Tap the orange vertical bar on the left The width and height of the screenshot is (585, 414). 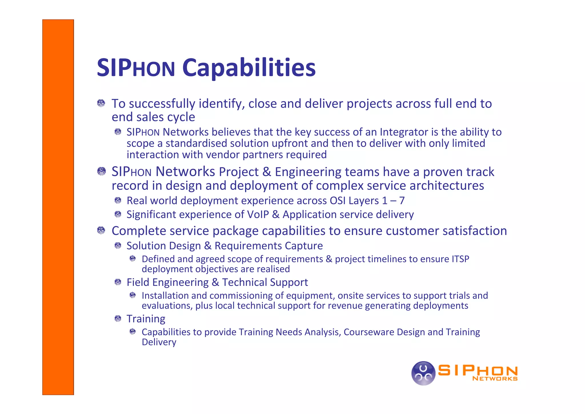(58, 207)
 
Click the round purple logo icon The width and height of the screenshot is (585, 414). (423, 373)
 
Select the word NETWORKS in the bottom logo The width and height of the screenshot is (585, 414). (495, 379)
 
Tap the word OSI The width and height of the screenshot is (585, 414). (337, 201)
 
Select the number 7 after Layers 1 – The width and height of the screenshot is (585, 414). (402, 201)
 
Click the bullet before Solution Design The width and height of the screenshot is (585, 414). (118, 246)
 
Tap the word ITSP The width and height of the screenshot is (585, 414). (460, 259)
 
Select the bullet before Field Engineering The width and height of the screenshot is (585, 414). (118, 282)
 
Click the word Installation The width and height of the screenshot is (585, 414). (165, 296)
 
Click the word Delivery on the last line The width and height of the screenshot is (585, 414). (159, 342)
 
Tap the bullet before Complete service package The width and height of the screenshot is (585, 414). (101, 230)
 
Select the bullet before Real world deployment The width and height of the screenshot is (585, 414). (118, 200)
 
